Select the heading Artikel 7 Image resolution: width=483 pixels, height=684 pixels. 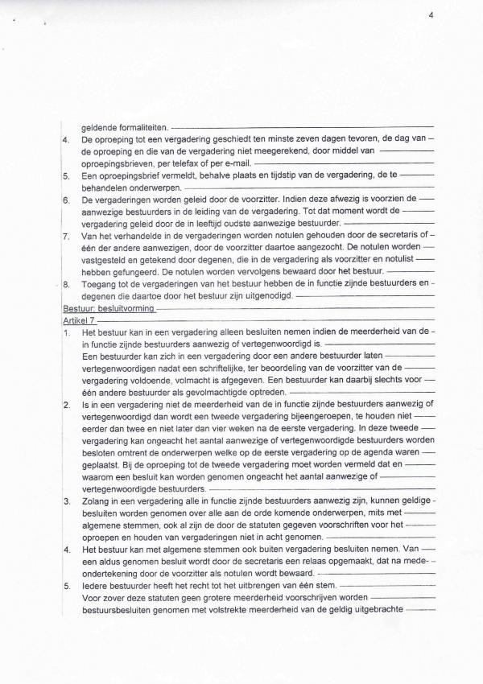click(76, 319)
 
